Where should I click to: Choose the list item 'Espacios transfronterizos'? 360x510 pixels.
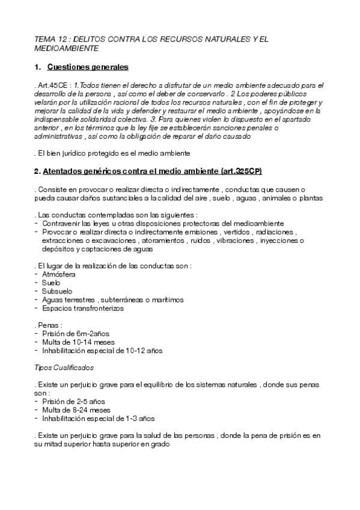point(82,308)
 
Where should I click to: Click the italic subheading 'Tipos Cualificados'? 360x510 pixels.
point(63,367)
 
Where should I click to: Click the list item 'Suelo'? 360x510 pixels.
point(52,282)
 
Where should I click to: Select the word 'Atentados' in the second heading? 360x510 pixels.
point(63,171)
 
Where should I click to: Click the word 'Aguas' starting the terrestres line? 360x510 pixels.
point(52,300)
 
